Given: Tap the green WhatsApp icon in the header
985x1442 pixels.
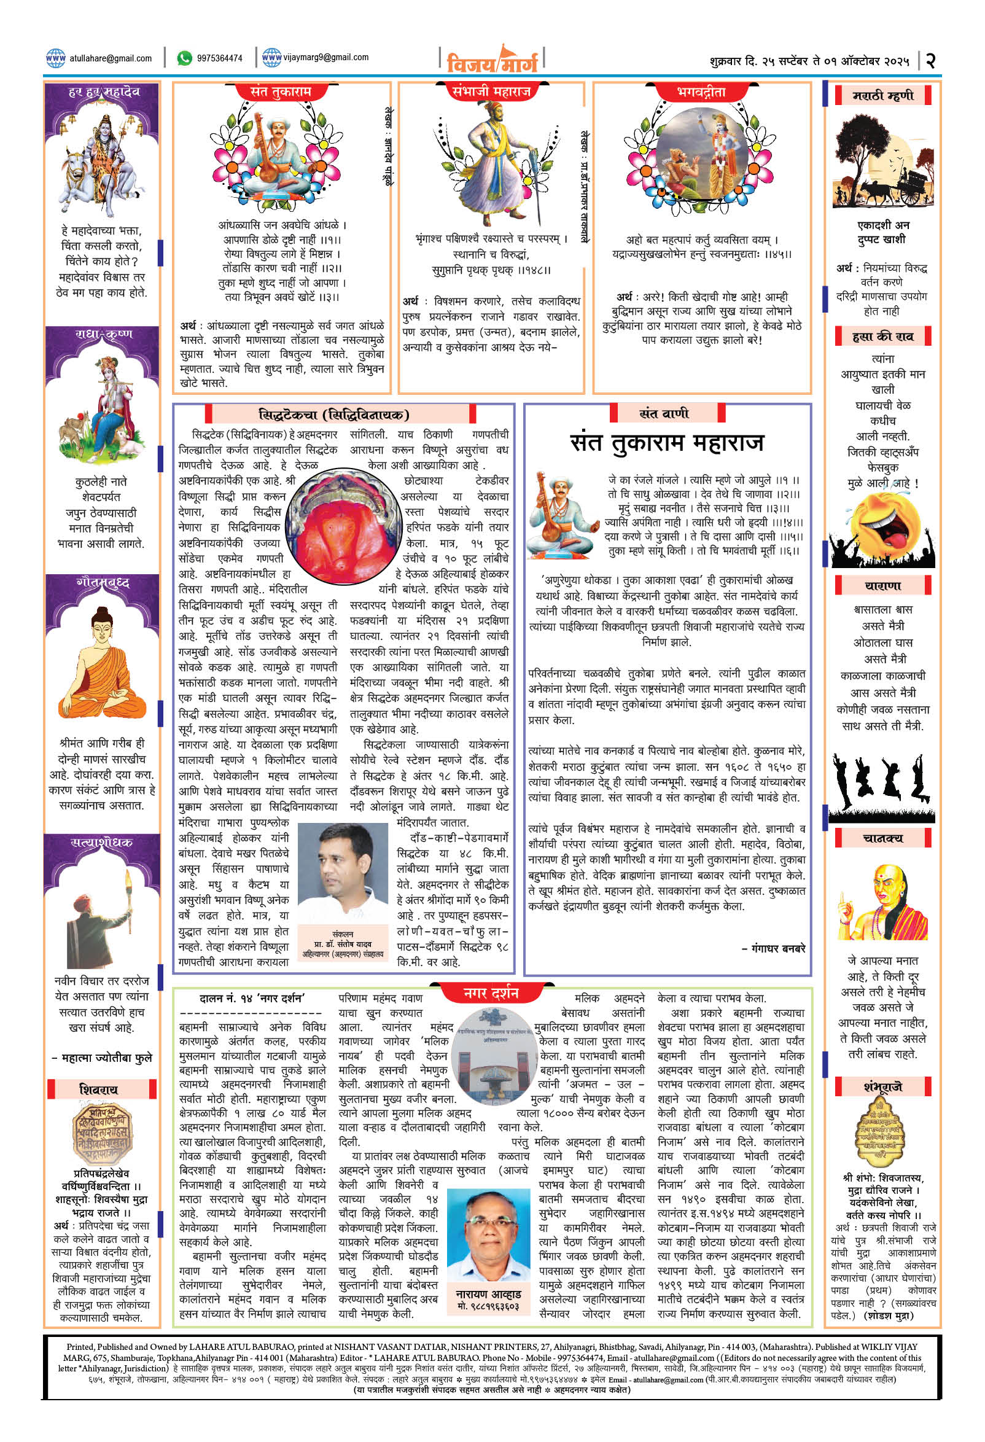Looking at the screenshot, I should point(184,58).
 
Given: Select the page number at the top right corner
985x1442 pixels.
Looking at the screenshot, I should point(930,60).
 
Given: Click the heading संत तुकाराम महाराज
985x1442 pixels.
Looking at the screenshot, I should point(666,443).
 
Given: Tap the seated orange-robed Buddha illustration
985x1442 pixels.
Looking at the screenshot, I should point(101,663).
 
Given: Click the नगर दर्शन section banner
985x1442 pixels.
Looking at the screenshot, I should point(491,994).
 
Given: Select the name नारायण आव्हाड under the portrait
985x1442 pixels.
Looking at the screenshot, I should point(488,1294).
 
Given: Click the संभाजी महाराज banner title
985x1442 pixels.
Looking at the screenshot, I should point(491,92).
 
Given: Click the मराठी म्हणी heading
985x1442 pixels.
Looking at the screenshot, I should point(882,96).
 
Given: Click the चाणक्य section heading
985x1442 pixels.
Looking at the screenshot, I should point(882,838).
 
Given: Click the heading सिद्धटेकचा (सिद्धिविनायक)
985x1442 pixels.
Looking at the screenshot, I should point(343,414).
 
